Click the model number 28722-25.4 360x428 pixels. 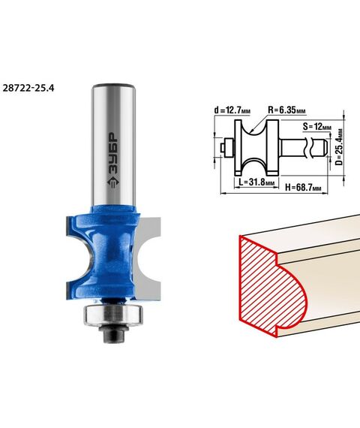pos(28,88)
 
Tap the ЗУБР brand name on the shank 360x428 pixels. pos(112,153)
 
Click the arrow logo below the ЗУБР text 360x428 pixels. pos(113,182)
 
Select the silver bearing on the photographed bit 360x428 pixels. pos(113,315)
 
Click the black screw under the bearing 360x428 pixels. pos(113,333)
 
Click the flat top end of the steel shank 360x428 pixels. pos(113,85)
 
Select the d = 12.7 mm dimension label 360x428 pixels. pos(232,110)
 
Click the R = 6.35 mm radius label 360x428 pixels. pos(286,110)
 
